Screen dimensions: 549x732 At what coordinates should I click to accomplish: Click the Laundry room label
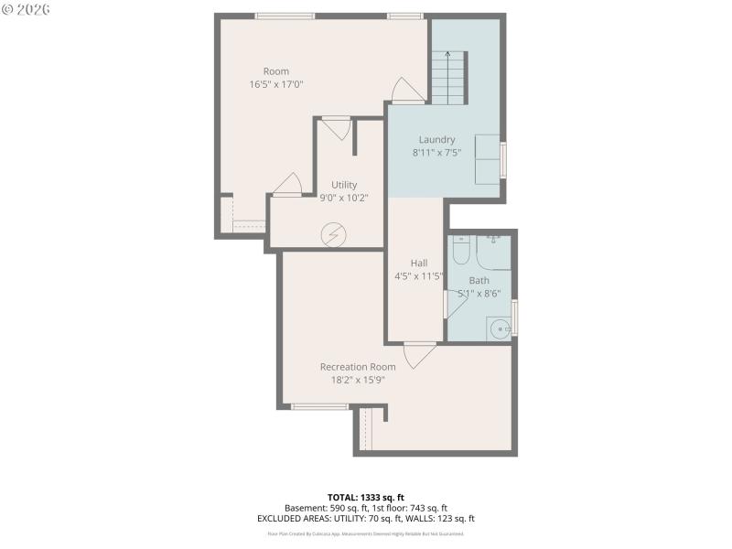coord(436,139)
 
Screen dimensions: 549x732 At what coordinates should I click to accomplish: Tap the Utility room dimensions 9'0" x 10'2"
coord(344,197)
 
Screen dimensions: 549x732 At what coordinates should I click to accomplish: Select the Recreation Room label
coord(358,366)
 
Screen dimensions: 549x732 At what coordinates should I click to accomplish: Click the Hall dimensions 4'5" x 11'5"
coord(418,275)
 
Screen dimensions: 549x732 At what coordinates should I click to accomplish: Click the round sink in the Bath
coord(500,328)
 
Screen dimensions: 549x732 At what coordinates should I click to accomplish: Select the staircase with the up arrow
coord(448,79)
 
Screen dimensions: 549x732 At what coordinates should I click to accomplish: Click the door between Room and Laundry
coord(406,91)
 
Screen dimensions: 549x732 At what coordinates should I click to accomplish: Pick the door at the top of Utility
coord(337,126)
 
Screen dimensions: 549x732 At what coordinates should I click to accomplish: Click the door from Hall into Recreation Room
coord(419,353)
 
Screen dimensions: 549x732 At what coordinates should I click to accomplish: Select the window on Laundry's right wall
coord(503,159)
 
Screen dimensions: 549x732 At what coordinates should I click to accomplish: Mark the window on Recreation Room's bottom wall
coord(319,406)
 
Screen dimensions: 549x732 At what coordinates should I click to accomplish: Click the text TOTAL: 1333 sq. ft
coord(365,497)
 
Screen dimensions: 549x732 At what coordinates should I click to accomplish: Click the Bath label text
coord(479,280)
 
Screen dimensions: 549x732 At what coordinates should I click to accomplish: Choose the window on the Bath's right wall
coord(514,317)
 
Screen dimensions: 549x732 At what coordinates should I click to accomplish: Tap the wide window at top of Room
coord(285,16)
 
